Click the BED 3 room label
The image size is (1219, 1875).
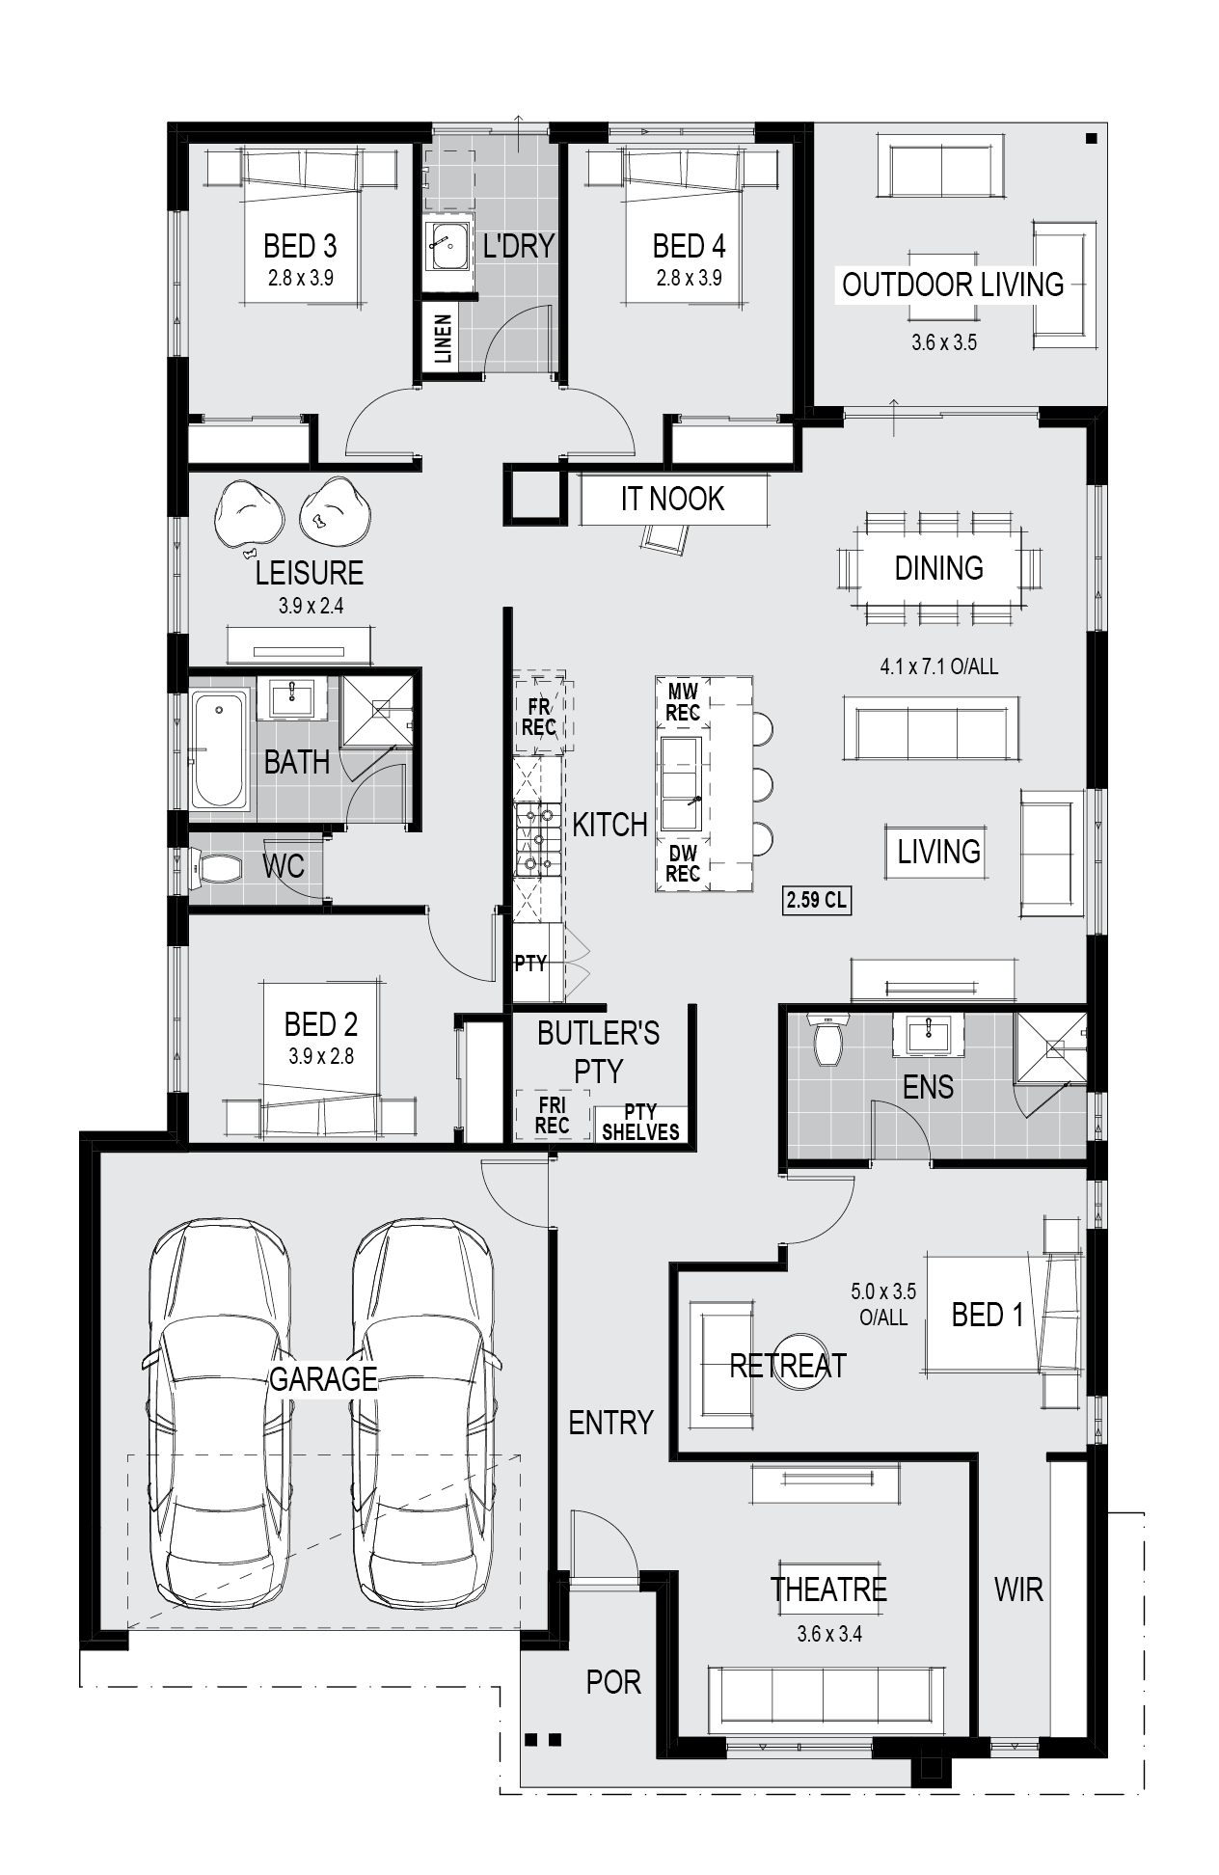[x=300, y=247]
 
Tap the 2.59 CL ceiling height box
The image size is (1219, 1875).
[x=816, y=901]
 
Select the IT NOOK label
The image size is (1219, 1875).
[x=672, y=499]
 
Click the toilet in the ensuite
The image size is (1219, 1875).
[x=828, y=1039]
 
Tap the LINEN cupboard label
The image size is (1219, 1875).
[x=443, y=339]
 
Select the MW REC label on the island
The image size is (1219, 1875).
[x=683, y=702]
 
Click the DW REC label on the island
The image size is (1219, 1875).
[x=683, y=863]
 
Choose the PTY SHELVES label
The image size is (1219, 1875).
[x=640, y=1122]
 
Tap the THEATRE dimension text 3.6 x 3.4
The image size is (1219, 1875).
[x=829, y=1634]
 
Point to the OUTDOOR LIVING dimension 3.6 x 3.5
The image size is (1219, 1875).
[x=944, y=342]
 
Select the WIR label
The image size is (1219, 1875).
[x=1018, y=1590]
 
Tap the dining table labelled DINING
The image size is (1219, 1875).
[x=938, y=568]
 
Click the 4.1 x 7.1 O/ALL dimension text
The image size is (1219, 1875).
[x=938, y=666]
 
